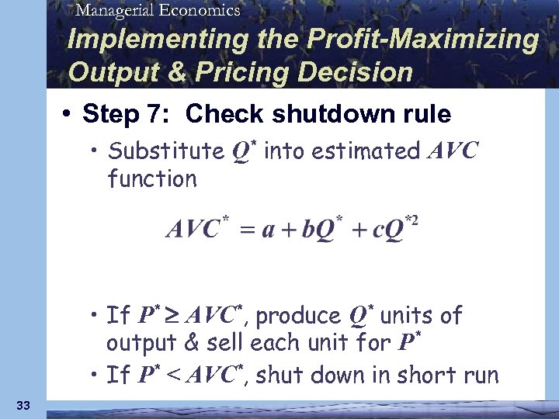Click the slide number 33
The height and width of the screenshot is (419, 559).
23,405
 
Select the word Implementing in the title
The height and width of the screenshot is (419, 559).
135,40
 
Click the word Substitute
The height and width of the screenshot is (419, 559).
165,151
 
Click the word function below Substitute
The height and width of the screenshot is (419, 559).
152,179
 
